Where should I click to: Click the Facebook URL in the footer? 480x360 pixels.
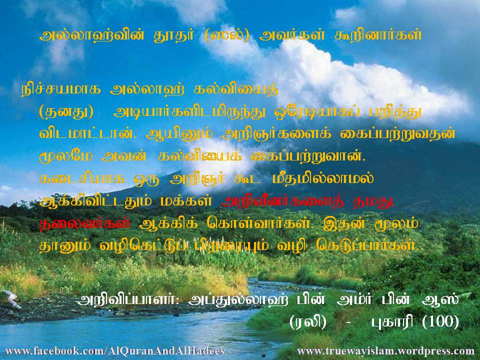[x=115, y=351]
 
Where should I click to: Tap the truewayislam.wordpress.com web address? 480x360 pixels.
[x=385, y=351]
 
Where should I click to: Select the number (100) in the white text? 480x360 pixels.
[x=440, y=321]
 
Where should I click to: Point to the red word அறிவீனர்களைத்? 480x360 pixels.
[x=283, y=201]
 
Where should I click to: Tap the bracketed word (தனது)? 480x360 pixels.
[x=66, y=112]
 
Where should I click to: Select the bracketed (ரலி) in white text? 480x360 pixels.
[x=307, y=321]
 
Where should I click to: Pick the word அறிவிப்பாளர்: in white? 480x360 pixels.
[x=128, y=299]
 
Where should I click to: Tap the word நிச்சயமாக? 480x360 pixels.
[x=61, y=90]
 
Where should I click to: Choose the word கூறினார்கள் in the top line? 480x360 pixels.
[x=378, y=35]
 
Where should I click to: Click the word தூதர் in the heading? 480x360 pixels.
[x=174, y=35]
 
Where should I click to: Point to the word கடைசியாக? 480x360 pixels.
[x=82, y=178]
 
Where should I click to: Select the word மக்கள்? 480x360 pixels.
[x=186, y=201]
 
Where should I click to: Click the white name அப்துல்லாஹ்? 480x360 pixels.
[x=238, y=299]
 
